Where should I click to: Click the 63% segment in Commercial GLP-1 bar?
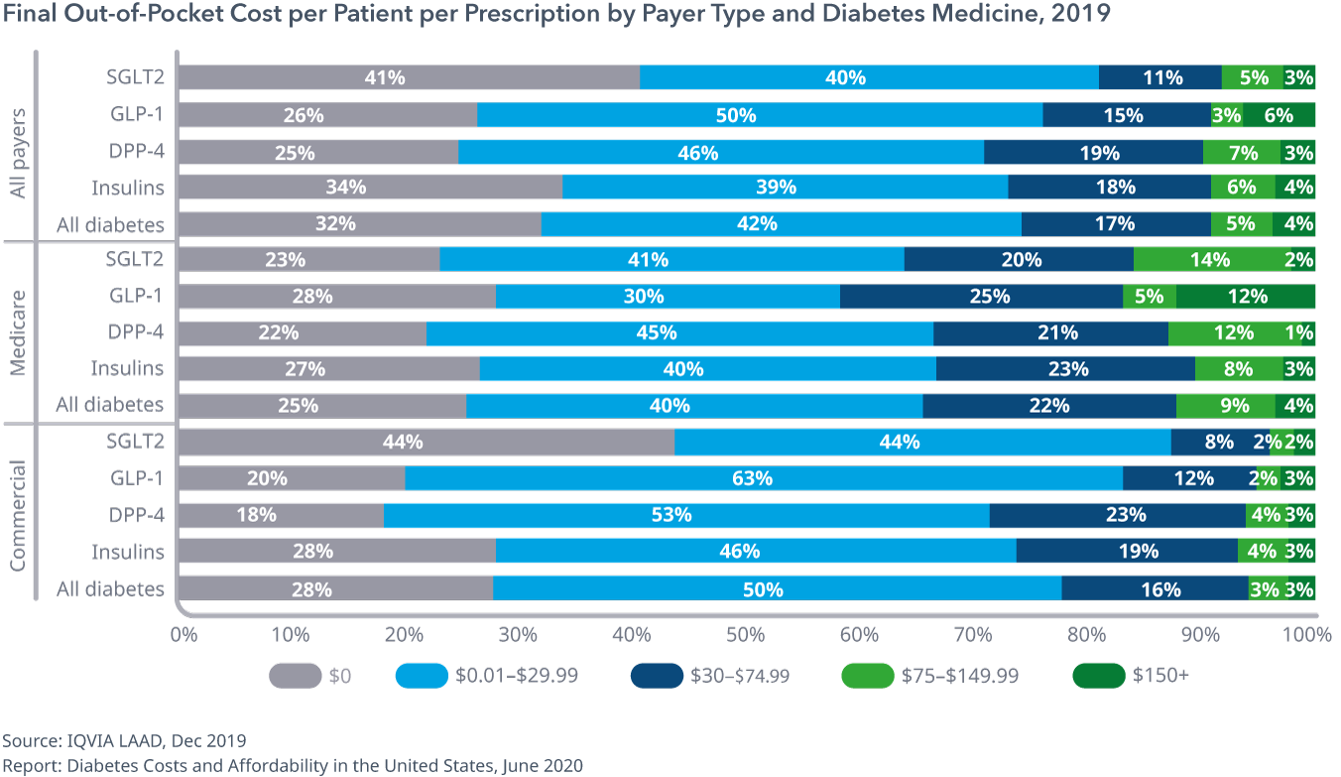click(764, 478)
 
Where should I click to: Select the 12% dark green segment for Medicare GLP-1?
click(1246, 296)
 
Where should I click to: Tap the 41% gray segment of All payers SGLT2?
click(409, 77)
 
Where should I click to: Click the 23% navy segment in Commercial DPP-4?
click(1117, 515)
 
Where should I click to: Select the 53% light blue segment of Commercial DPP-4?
click(686, 515)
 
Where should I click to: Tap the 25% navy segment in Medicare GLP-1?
click(981, 296)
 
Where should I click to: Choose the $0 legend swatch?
click(296, 676)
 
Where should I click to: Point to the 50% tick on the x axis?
click(747, 633)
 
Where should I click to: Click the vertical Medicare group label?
click(19, 332)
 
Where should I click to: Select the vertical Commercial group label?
click(19, 515)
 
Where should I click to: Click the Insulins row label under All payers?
click(128, 187)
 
